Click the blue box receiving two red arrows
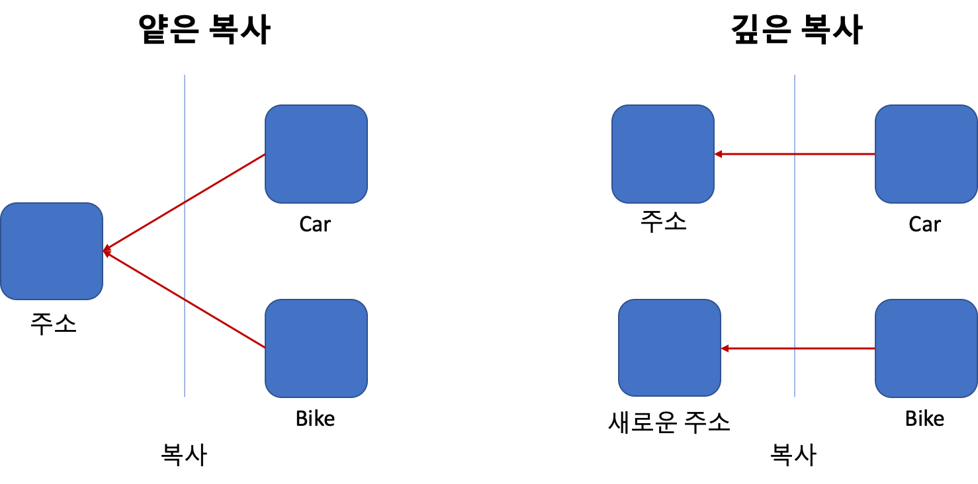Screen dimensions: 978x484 pos(52,251)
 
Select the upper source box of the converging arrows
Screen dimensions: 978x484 pos(316,153)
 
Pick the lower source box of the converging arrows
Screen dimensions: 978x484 pos(316,348)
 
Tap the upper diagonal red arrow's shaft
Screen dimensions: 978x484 pos(225,177)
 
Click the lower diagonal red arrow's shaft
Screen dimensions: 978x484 pos(225,325)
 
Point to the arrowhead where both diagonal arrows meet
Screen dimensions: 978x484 pos(106,251)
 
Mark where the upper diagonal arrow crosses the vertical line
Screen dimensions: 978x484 pos(185,202)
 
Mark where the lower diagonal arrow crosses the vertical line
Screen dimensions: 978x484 pos(185,300)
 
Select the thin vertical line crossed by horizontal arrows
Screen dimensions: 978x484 pos(795,251)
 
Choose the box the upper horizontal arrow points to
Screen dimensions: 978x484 pos(663,153)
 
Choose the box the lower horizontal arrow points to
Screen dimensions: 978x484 pos(670,348)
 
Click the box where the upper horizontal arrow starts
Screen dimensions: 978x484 pos(926,153)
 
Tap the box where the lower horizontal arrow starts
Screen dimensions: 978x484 pos(926,348)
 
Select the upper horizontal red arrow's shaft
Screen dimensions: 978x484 pos(834,154)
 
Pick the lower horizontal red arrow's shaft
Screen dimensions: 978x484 pos(834,348)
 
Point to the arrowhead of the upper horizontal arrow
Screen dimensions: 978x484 pos(718,154)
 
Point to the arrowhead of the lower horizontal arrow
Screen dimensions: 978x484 pos(725,348)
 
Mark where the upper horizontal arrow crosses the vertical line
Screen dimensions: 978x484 pos(795,154)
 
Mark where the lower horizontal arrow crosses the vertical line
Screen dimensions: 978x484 pos(795,348)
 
